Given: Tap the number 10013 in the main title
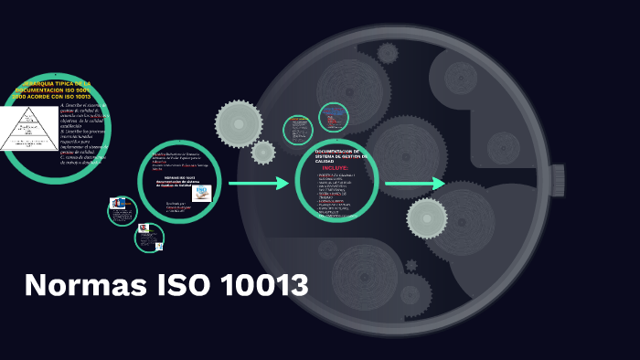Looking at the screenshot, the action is click(263, 285).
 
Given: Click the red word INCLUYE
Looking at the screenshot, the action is click(336, 168).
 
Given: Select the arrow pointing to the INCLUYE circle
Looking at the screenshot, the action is click(258, 184).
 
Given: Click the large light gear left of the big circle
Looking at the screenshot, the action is click(239, 123).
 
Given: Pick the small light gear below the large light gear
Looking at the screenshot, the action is click(263, 153).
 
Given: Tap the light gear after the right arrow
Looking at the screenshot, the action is click(427, 217).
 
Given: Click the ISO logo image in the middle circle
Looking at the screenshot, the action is click(201, 192).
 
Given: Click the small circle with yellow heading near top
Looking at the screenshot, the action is click(298, 130).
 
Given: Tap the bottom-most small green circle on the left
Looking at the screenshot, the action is click(149, 238).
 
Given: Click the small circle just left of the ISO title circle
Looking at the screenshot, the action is click(122, 210).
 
